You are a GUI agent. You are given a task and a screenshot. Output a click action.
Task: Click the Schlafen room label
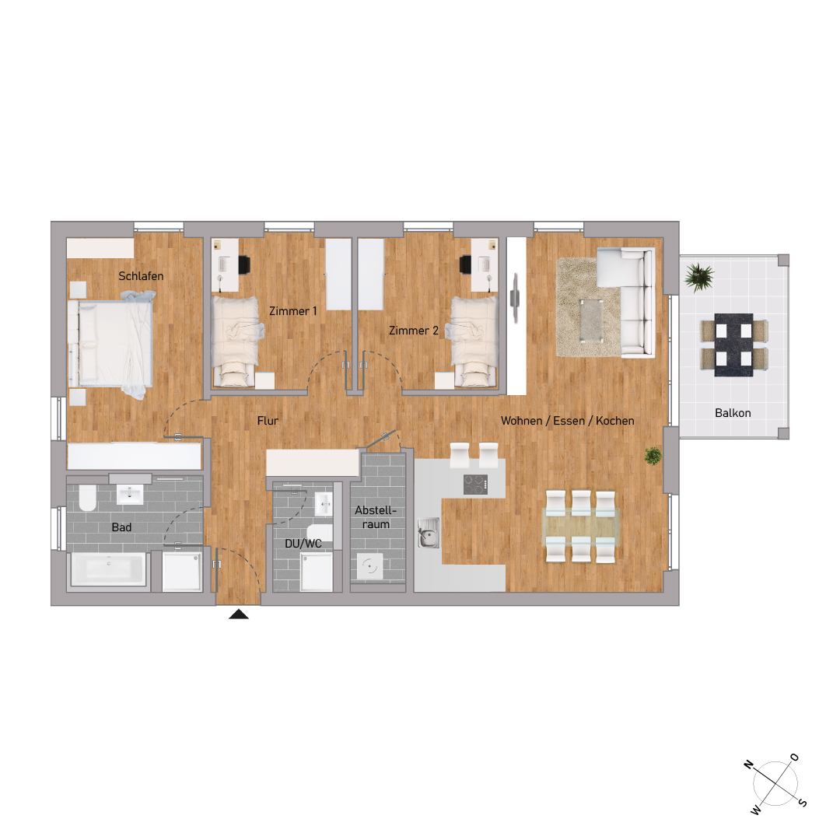click(141, 275)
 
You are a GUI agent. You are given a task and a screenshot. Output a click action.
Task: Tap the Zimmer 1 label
click(292, 311)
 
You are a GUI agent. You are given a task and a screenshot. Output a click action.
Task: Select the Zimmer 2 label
click(413, 331)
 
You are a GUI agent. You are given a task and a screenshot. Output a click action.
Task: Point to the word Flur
click(268, 421)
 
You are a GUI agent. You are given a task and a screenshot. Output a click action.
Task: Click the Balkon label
click(733, 413)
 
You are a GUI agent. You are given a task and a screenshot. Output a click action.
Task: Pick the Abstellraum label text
click(376, 517)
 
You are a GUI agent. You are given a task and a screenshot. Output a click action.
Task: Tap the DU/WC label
click(303, 544)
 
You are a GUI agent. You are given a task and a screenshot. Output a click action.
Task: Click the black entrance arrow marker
click(238, 614)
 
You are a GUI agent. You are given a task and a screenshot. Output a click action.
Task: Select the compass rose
click(775, 785)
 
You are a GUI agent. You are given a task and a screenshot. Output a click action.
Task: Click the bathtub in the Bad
click(108, 569)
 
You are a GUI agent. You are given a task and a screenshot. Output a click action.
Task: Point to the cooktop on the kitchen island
click(476, 484)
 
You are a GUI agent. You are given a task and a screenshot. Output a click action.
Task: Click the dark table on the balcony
click(733, 345)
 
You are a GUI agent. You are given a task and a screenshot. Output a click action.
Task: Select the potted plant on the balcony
click(699, 276)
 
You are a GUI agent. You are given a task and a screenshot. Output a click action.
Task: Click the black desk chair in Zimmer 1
click(243, 264)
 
